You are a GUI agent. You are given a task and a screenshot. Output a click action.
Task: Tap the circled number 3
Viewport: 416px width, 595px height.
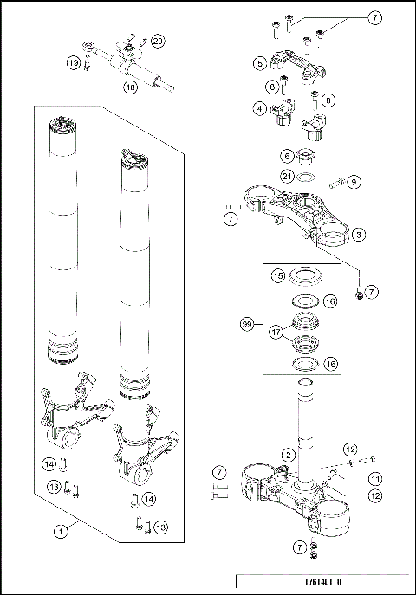(358, 235)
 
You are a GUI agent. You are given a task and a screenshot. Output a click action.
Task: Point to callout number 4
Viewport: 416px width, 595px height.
(259, 109)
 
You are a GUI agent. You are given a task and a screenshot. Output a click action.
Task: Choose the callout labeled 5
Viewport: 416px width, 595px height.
(259, 62)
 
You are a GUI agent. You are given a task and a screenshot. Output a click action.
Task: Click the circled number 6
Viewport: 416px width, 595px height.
(287, 156)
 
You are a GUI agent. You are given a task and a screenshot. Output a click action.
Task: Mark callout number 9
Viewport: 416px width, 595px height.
(354, 182)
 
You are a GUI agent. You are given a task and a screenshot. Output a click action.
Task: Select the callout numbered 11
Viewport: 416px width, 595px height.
(375, 478)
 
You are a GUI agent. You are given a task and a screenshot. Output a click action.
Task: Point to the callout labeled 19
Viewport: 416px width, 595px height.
(75, 62)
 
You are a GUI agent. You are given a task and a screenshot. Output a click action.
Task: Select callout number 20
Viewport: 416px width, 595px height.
(157, 41)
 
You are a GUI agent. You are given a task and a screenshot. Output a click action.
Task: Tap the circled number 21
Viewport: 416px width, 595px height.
(287, 178)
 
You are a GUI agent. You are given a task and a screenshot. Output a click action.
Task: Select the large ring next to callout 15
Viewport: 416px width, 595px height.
(304, 277)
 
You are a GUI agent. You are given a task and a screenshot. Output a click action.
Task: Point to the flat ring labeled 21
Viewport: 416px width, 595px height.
(307, 178)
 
